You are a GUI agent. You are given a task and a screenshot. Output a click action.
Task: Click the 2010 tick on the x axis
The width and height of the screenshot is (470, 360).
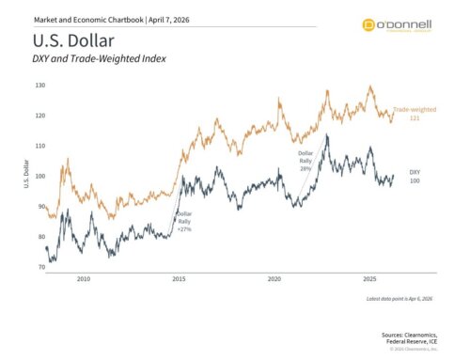tap(84, 279)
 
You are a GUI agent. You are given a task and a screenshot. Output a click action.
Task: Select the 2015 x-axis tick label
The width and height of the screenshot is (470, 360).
tap(180, 279)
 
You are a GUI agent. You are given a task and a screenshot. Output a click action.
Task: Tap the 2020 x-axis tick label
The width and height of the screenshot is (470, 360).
tap(274, 279)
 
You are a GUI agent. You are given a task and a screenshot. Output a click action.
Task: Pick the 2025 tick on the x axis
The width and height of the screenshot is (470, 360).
tap(370, 279)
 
